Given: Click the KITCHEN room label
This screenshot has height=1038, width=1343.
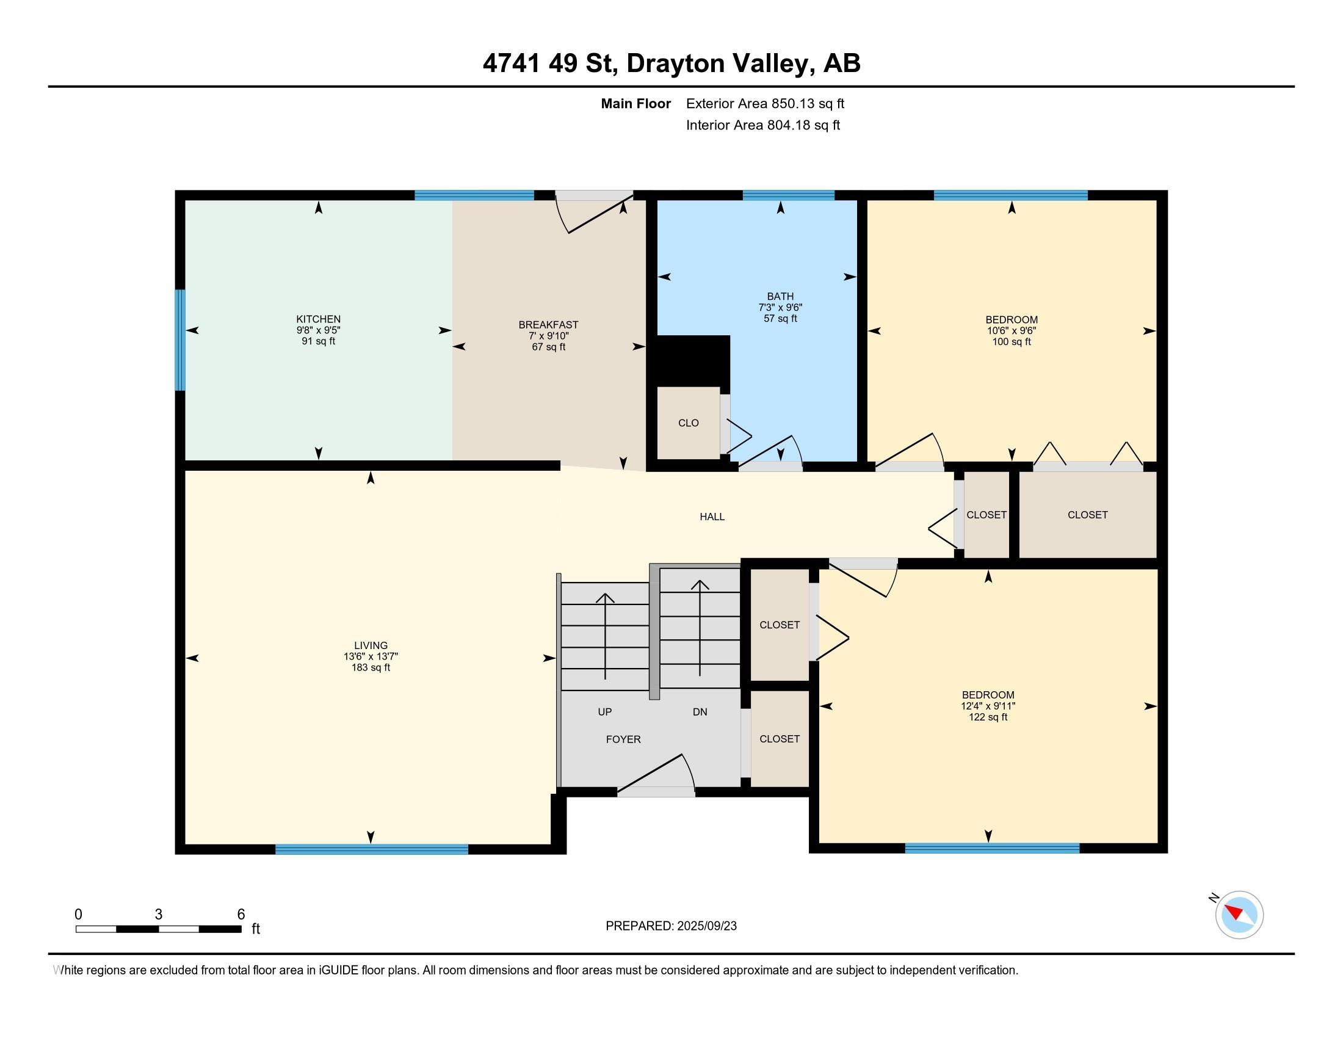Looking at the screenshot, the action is pyautogui.click(x=318, y=319).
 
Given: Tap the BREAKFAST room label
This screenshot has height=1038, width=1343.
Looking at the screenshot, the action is pyautogui.click(x=549, y=325).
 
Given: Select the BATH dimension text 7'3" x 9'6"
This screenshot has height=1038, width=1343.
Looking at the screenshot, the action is pyautogui.click(x=780, y=308).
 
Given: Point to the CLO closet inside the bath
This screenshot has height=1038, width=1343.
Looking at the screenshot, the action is pyautogui.click(x=688, y=423).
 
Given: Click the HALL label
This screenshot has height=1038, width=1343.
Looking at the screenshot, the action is pyautogui.click(x=712, y=517).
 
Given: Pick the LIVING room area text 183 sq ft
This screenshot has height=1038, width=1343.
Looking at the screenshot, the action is pyautogui.click(x=371, y=668).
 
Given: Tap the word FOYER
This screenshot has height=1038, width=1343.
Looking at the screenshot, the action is pyautogui.click(x=623, y=740).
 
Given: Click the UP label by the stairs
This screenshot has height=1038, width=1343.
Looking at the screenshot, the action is pyautogui.click(x=604, y=712).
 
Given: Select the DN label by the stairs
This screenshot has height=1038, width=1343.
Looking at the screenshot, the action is pyautogui.click(x=700, y=712).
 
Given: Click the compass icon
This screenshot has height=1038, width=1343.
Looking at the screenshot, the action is pyautogui.click(x=1239, y=915).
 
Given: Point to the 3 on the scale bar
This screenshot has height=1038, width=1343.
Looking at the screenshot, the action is pyautogui.click(x=159, y=915).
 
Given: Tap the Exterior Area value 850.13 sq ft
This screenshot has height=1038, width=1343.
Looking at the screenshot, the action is pyautogui.click(x=808, y=104).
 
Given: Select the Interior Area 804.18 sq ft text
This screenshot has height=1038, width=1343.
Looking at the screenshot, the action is pyautogui.click(x=763, y=125).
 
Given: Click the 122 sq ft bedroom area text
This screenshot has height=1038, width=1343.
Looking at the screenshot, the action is pyautogui.click(x=988, y=717).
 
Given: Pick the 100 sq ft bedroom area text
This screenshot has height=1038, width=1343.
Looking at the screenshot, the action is pyautogui.click(x=1012, y=342).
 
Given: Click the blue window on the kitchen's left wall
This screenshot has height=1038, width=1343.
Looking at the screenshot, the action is pyautogui.click(x=180, y=340).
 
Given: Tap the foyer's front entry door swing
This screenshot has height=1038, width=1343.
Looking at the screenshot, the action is pyautogui.click(x=656, y=774).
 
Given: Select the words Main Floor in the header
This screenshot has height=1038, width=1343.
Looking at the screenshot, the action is pyautogui.click(x=636, y=104).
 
